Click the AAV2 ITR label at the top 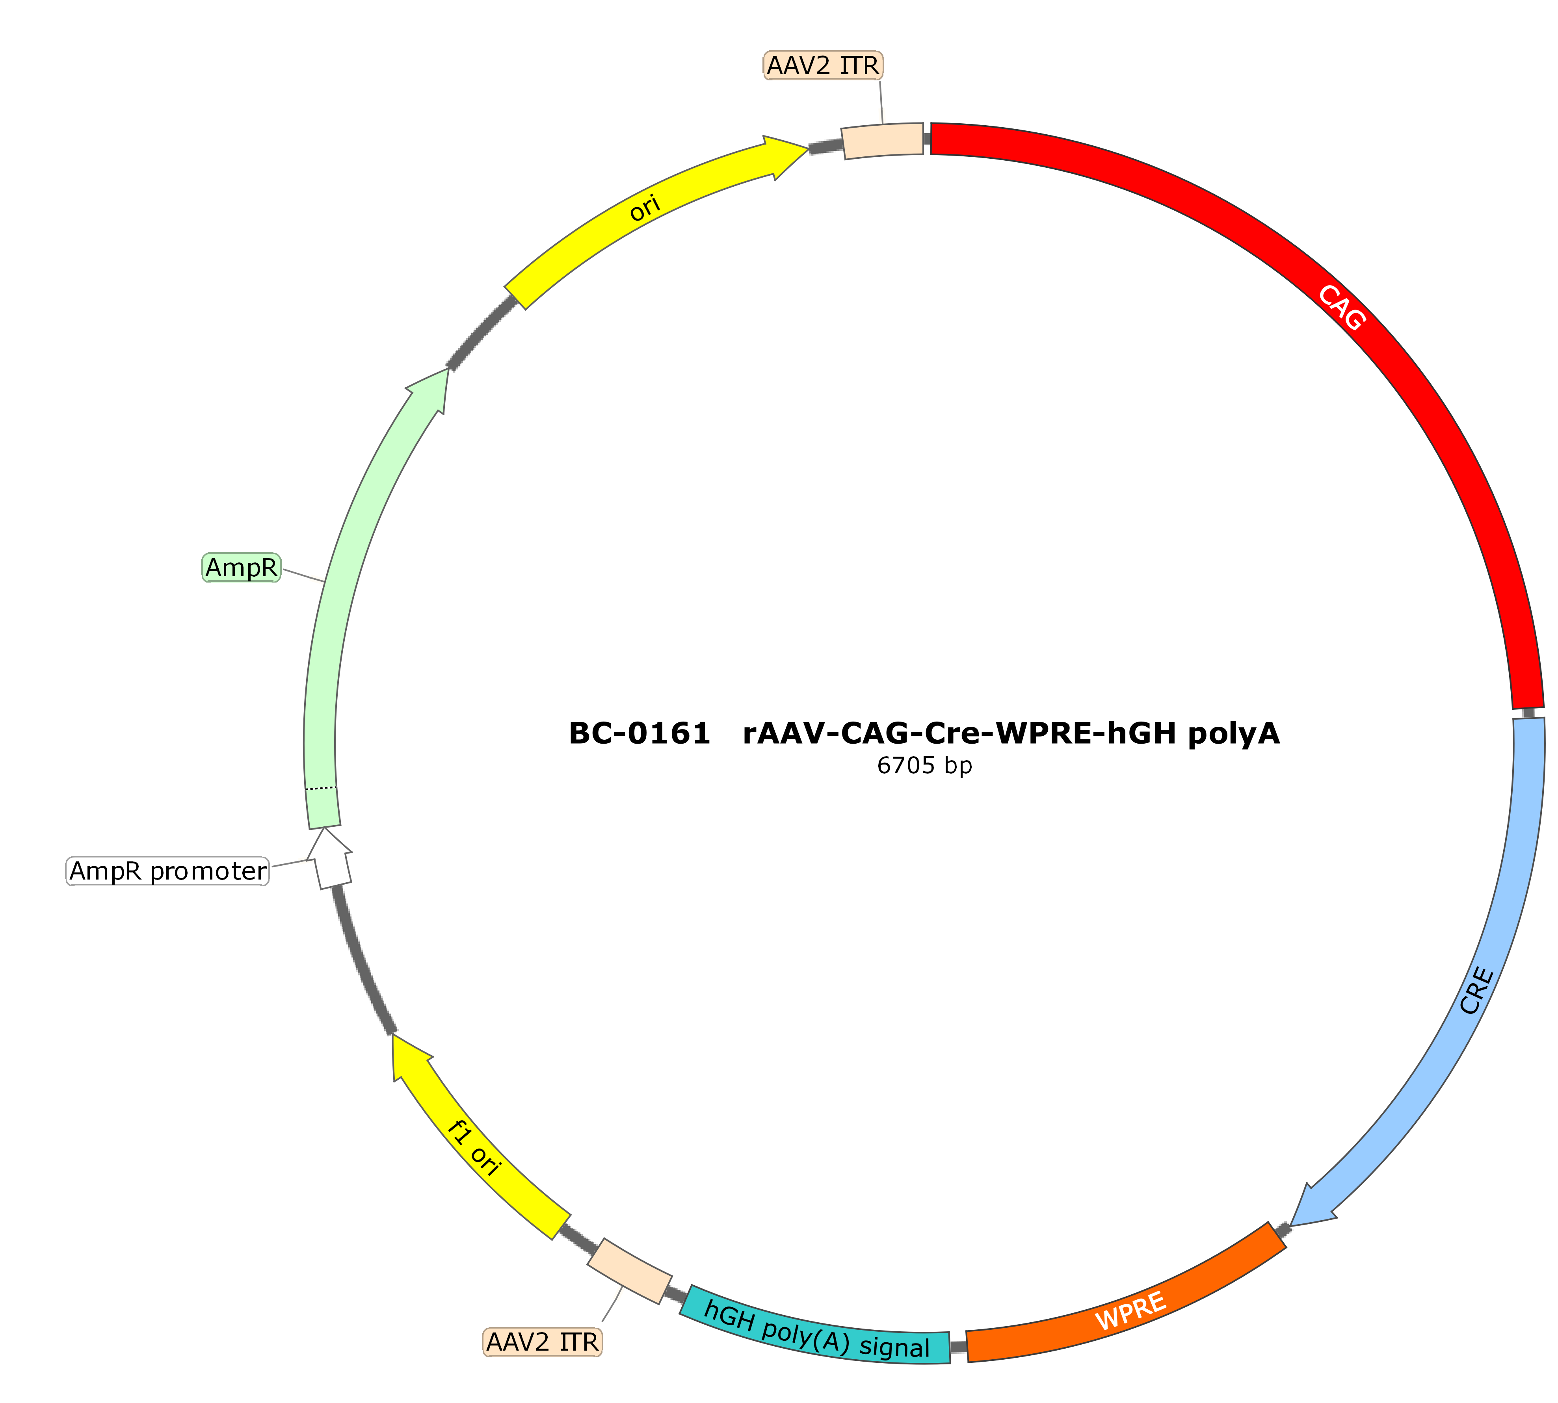(x=822, y=65)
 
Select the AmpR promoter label (x=168, y=871)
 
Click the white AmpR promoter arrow (x=329, y=859)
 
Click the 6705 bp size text (x=924, y=765)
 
